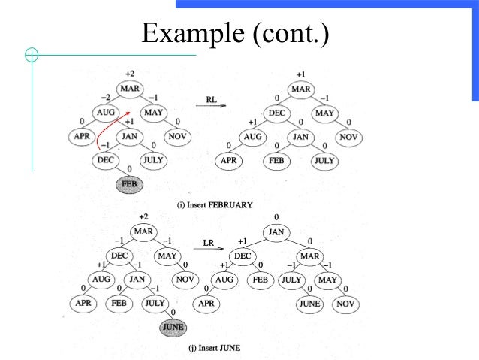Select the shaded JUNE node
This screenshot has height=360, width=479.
(172, 327)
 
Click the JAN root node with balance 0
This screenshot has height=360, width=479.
(276, 232)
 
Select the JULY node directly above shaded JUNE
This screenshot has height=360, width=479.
(154, 304)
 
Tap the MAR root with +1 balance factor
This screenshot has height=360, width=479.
(300, 89)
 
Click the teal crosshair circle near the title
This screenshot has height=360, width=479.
(32, 54)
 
